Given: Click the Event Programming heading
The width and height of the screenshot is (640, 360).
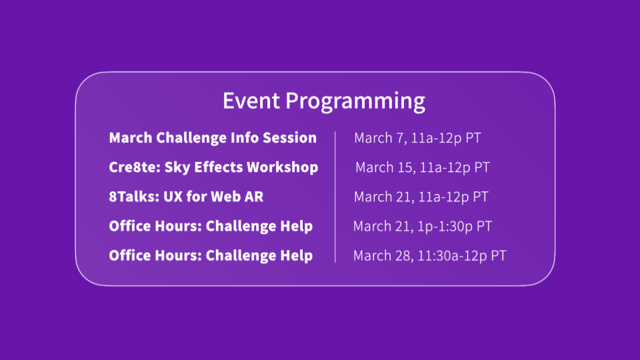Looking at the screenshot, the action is tap(324, 101).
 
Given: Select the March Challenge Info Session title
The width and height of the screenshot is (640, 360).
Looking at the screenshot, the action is tap(213, 138).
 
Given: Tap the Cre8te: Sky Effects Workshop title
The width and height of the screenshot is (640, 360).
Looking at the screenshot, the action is tap(213, 167).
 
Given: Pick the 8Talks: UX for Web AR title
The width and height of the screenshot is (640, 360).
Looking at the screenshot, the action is tap(186, 197).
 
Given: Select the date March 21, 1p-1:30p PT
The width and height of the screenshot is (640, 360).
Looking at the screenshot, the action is tap(423, 227).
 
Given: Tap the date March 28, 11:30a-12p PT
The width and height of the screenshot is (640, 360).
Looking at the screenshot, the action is tap(429, 256).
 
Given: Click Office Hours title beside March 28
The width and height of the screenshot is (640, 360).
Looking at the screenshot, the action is tap(211, 255).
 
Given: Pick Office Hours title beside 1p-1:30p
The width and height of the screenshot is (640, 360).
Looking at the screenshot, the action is tap(211, 226).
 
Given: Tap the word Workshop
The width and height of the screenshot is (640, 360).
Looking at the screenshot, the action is tap(283, 167).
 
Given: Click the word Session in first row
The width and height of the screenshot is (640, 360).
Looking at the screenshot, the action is tap(289, 138).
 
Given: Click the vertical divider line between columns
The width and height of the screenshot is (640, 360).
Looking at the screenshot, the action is tap(335, 197).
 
